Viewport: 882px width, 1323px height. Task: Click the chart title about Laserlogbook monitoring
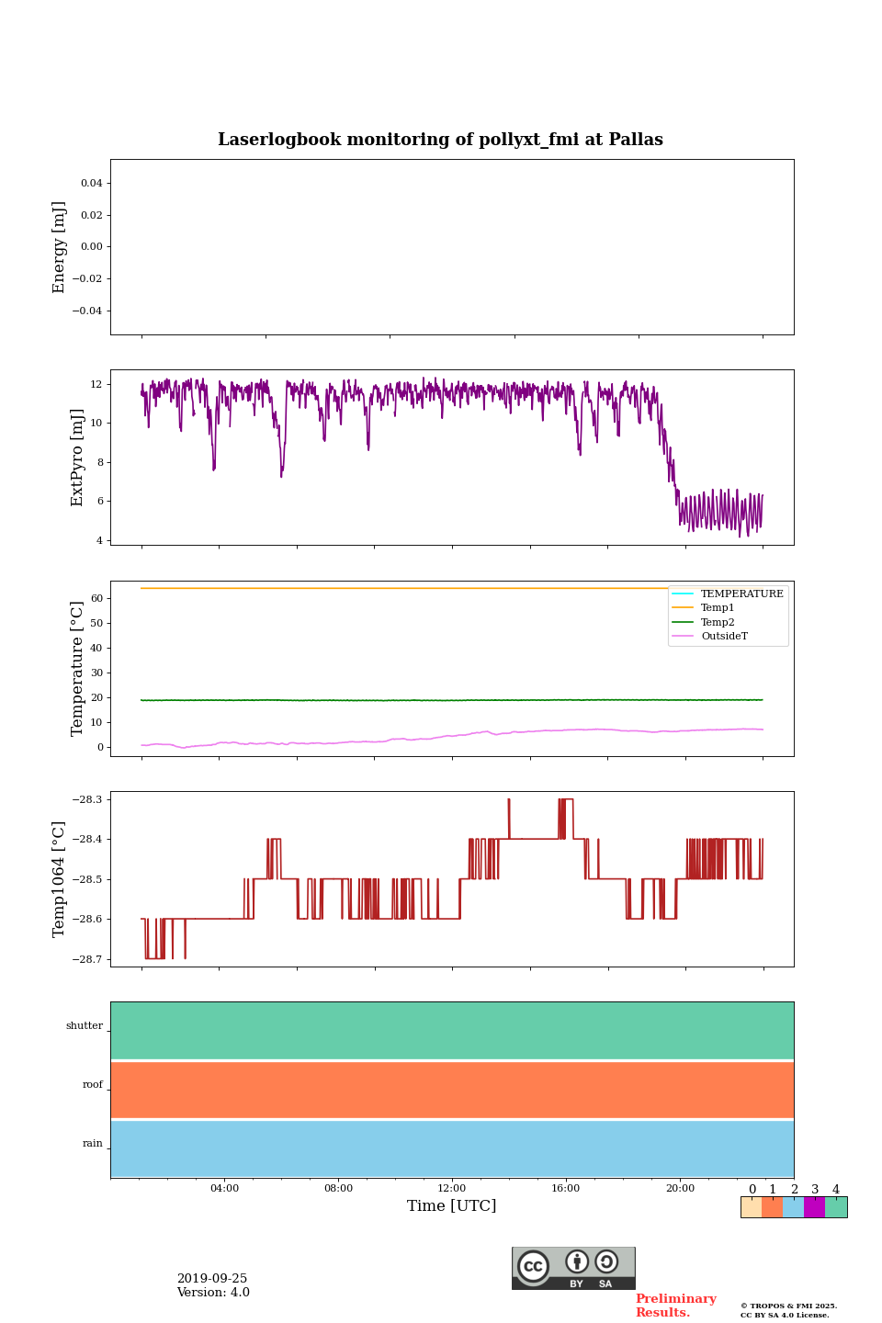(x=440, y=140)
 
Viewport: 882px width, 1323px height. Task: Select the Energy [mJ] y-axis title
(x=60, y=247)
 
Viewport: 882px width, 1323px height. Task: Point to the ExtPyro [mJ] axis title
(x=77, y=458)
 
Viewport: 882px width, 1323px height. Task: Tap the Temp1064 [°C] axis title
(x=60, y=879)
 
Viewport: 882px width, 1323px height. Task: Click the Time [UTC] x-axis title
(x=451, y=1205)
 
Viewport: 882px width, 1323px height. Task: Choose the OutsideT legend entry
(x=724, y=637)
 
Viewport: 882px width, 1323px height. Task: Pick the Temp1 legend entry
(x=718, y=608)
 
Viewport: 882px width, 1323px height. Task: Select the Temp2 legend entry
(x=718, y=622)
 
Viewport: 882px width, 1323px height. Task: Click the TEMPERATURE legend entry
(x=741, y=594)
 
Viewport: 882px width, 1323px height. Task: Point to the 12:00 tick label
(x=451, y=1189)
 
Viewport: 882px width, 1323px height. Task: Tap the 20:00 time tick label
(x=680, y=1189)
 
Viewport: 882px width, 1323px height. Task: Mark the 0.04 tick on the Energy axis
(x=91, y=183)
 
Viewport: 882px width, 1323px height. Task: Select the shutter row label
(x=85, y=1026)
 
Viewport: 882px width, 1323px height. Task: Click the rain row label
(x=93, y=1144)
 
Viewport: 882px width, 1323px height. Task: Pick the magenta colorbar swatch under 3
(x=814, y=1207)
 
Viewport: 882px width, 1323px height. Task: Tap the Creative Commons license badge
(x=573, y=1268)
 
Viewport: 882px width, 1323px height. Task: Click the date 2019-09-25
(x=212, y=1279)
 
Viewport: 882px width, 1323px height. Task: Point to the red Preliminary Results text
(x=675, y=1306)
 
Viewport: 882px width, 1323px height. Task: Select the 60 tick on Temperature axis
(x=96, y=598)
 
